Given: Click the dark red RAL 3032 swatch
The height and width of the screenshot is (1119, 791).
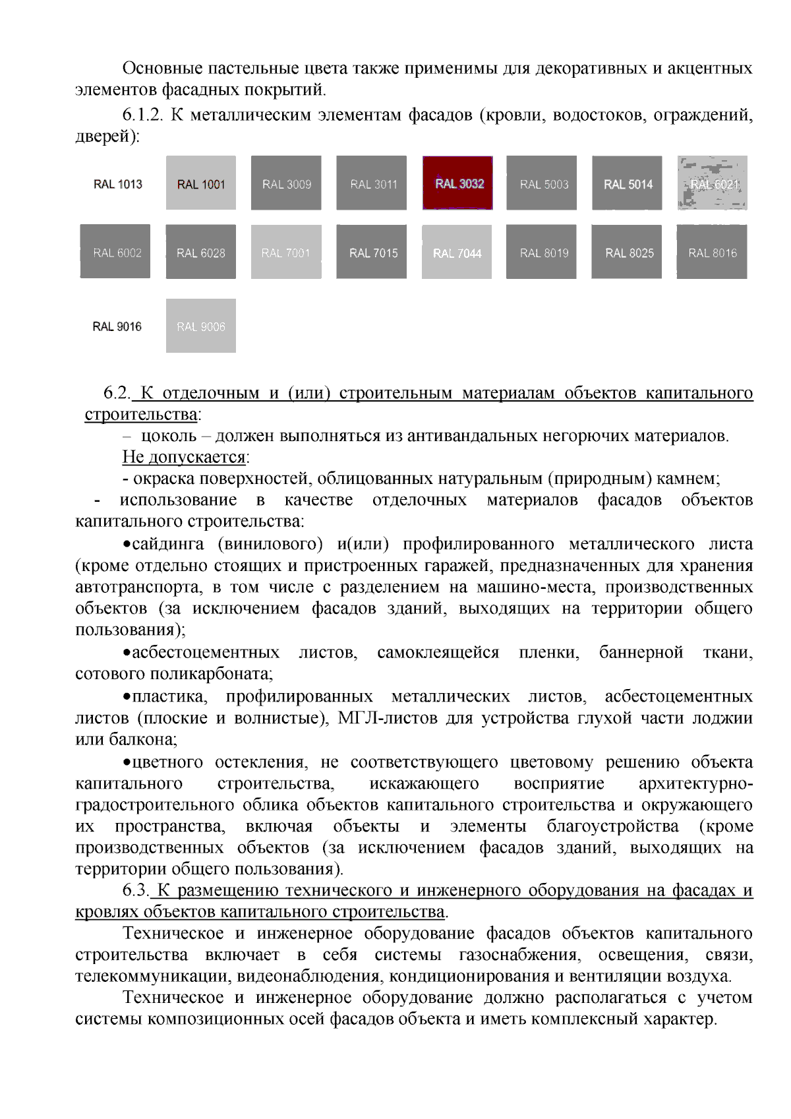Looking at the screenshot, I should point(457,183).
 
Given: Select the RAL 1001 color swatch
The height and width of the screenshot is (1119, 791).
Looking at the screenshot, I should point(201,183).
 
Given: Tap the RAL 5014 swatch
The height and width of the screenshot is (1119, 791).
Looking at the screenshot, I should point(627,183).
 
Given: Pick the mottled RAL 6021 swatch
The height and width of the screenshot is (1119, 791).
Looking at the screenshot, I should point(713,183).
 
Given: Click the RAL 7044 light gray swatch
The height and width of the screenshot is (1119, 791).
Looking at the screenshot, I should point(457,252).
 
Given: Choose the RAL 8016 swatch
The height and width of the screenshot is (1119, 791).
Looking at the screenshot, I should point(712,252).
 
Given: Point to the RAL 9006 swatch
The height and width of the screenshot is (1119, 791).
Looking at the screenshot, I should point(201,326).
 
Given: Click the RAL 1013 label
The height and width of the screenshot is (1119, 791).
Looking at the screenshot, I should point(118,184).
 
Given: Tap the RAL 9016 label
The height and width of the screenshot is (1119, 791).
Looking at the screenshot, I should point(117,326).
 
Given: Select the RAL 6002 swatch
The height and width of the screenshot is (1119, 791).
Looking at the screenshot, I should point(115,252).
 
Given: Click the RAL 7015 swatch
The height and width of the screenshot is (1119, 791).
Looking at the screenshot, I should point(372,252).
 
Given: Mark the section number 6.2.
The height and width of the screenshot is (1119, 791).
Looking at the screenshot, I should point(117,393).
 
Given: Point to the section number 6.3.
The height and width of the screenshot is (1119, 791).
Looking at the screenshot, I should point(136,890).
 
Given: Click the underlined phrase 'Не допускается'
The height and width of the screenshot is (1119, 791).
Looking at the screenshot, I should point(183,457).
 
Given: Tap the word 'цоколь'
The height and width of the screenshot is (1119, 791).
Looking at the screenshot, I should point(169,436).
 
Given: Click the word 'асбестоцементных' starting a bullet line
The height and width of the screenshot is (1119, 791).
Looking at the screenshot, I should point(205,652).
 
